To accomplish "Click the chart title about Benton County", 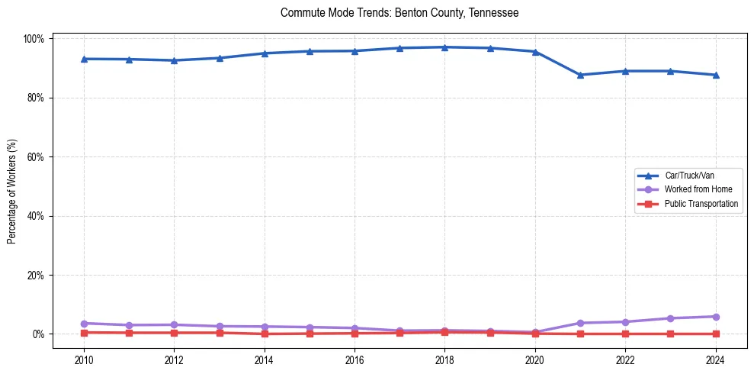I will point(399,13).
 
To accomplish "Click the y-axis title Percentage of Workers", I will point(12,186).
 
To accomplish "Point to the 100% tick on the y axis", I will point(35,39).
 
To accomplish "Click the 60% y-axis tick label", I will point(37,157).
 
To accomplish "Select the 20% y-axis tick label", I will point(37,275).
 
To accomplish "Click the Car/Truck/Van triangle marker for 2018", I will point(444,47).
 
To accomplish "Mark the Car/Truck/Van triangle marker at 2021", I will point(580,75).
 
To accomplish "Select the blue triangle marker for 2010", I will point(84,59).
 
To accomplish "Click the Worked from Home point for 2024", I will point(715,317).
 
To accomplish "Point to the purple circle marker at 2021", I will point(580,323).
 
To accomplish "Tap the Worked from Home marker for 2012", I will point(174,324).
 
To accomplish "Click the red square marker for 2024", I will point(715,334).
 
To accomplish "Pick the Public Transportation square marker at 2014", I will point(264,334).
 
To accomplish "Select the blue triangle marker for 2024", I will point(715,75).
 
